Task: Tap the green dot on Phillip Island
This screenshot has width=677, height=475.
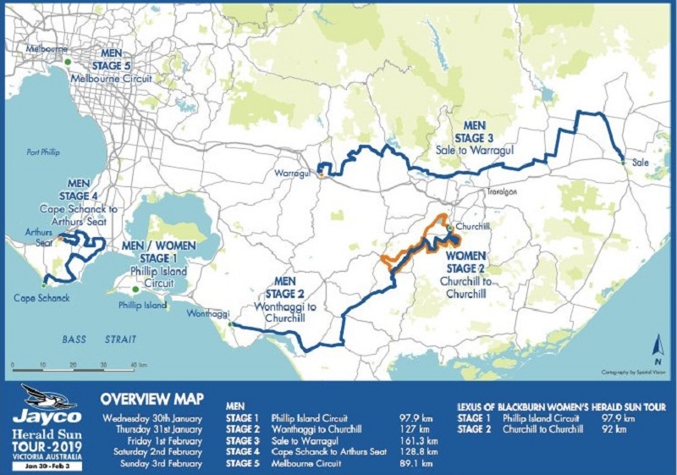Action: click(135, 290)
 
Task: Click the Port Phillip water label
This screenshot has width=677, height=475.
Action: click(43, 152)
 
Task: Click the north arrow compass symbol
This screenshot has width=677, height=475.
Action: click(658, 345)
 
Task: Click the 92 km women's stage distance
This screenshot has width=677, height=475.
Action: click(611, 429)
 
